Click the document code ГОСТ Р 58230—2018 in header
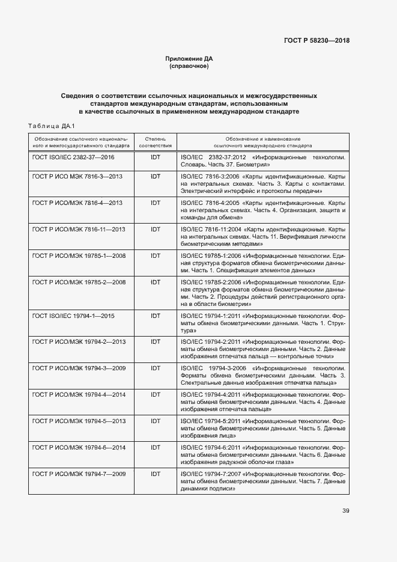coord(316,41)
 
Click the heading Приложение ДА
coord(189,59)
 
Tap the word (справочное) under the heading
coord(189,67)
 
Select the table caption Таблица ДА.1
coord(50,126)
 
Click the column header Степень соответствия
coord(156,142)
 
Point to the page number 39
coord(345,511)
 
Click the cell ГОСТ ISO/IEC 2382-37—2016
coord(73,157)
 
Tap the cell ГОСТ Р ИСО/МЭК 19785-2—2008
coord(79,282)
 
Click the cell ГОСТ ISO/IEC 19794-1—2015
coord(73,316)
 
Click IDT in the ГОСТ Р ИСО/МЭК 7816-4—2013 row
coord(156,203)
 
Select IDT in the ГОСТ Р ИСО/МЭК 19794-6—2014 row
coord(156,447)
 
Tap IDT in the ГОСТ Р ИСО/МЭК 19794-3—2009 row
coord(156,368)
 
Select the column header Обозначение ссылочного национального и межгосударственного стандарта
coord(80,142)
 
